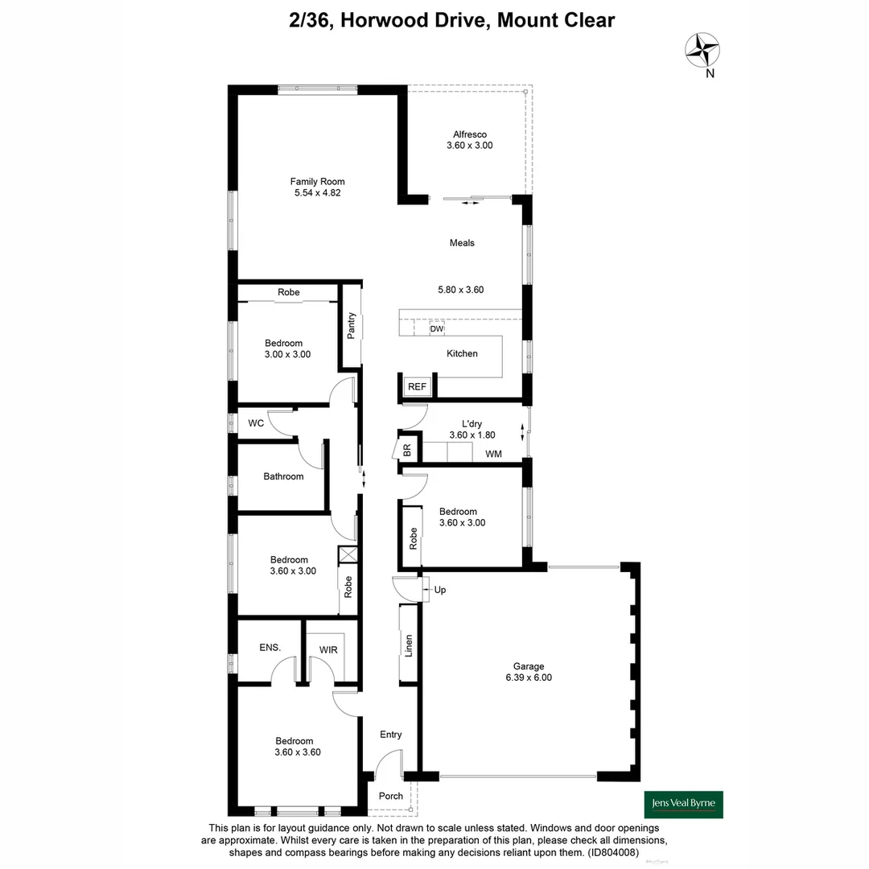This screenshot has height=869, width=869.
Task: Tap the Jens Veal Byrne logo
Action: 683,804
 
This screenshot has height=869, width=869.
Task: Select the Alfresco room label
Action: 469,134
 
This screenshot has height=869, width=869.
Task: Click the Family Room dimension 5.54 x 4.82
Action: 317,193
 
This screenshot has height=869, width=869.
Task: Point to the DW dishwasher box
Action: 437,329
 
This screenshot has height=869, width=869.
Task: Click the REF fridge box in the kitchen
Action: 417,387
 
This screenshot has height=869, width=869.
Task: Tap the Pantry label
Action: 351,325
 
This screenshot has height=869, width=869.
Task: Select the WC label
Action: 256,423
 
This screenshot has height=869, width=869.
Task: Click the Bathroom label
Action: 283,476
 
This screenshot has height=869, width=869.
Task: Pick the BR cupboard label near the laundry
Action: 407,449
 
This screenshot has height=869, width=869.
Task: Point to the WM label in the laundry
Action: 493,455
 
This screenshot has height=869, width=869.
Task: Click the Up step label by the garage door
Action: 439,590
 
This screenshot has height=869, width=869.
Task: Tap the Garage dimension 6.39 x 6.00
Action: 529,677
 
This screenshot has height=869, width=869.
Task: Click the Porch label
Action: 391,797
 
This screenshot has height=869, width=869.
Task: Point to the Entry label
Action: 390,735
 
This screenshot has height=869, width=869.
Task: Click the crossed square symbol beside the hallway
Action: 348,554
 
